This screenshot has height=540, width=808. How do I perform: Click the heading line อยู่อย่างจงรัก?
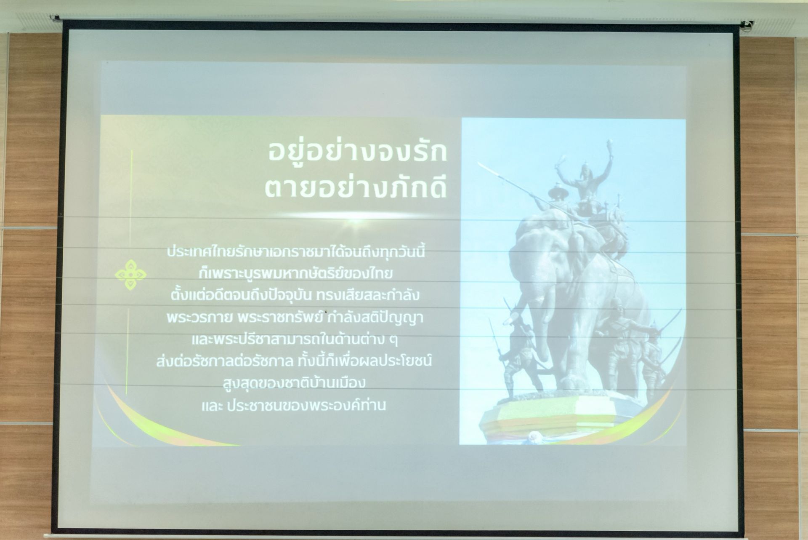coord(358,152)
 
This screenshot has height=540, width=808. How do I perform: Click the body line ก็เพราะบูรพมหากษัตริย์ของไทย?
coord(296,274)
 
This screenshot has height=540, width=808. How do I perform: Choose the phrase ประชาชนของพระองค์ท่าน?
coord(306,405)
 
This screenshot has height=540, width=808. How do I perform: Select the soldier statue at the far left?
coord(518,350)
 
